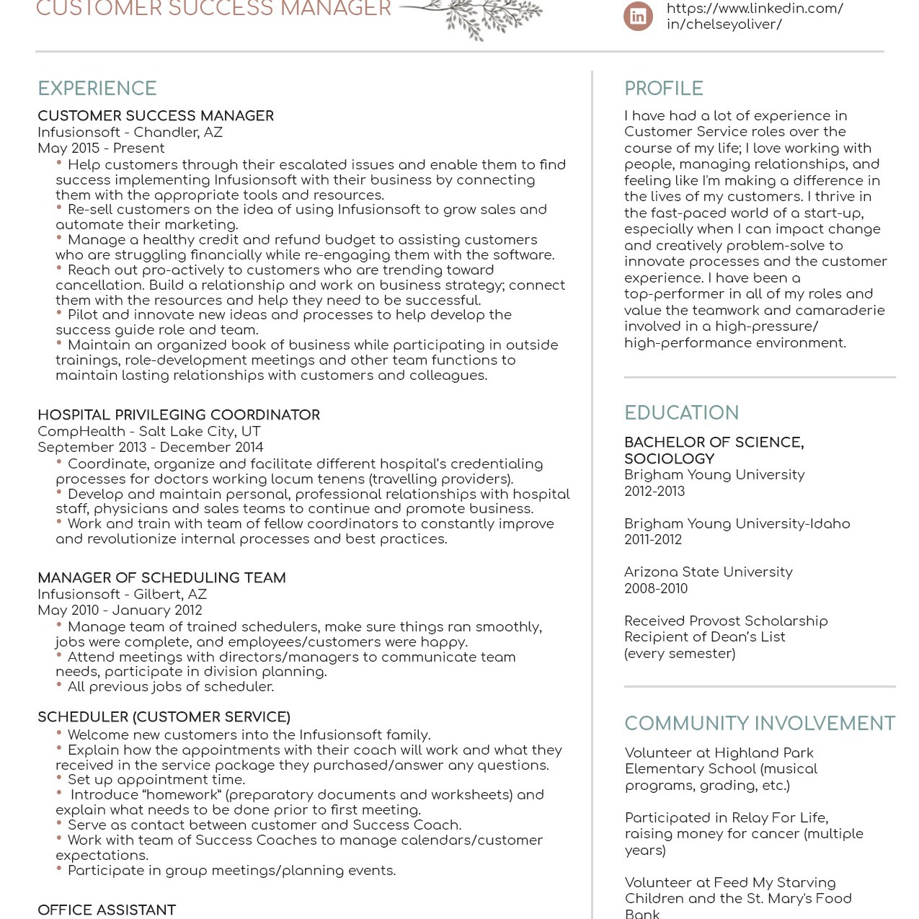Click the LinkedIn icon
point(638,17)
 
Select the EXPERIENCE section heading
point(97,89)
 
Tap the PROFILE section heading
point(663,89)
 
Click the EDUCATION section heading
point(681,413)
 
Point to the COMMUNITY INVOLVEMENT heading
point(759,724)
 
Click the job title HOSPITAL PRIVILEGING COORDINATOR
point(179,415)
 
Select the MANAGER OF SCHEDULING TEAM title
point(161,578)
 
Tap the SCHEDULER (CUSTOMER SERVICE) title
point(164,717)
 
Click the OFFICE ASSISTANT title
point(107,910)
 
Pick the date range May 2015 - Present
point(101,148)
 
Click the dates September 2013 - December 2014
point(150,448)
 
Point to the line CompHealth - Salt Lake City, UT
point(148,432)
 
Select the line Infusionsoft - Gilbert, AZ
point(122,595)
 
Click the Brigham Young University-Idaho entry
point(737,524)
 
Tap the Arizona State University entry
point(708,572)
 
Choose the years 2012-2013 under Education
point(654,492)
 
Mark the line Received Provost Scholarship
point(726,621)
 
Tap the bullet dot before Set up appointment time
point(59,778)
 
